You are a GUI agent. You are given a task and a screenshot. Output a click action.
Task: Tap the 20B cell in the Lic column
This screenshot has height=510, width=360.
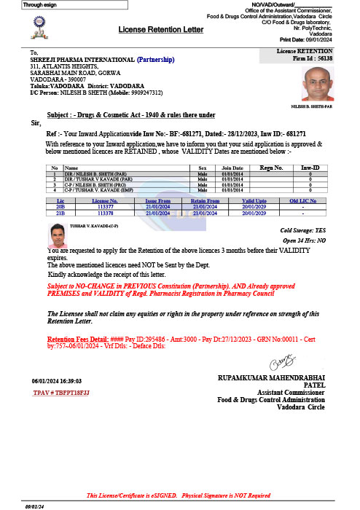click(60, 207)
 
